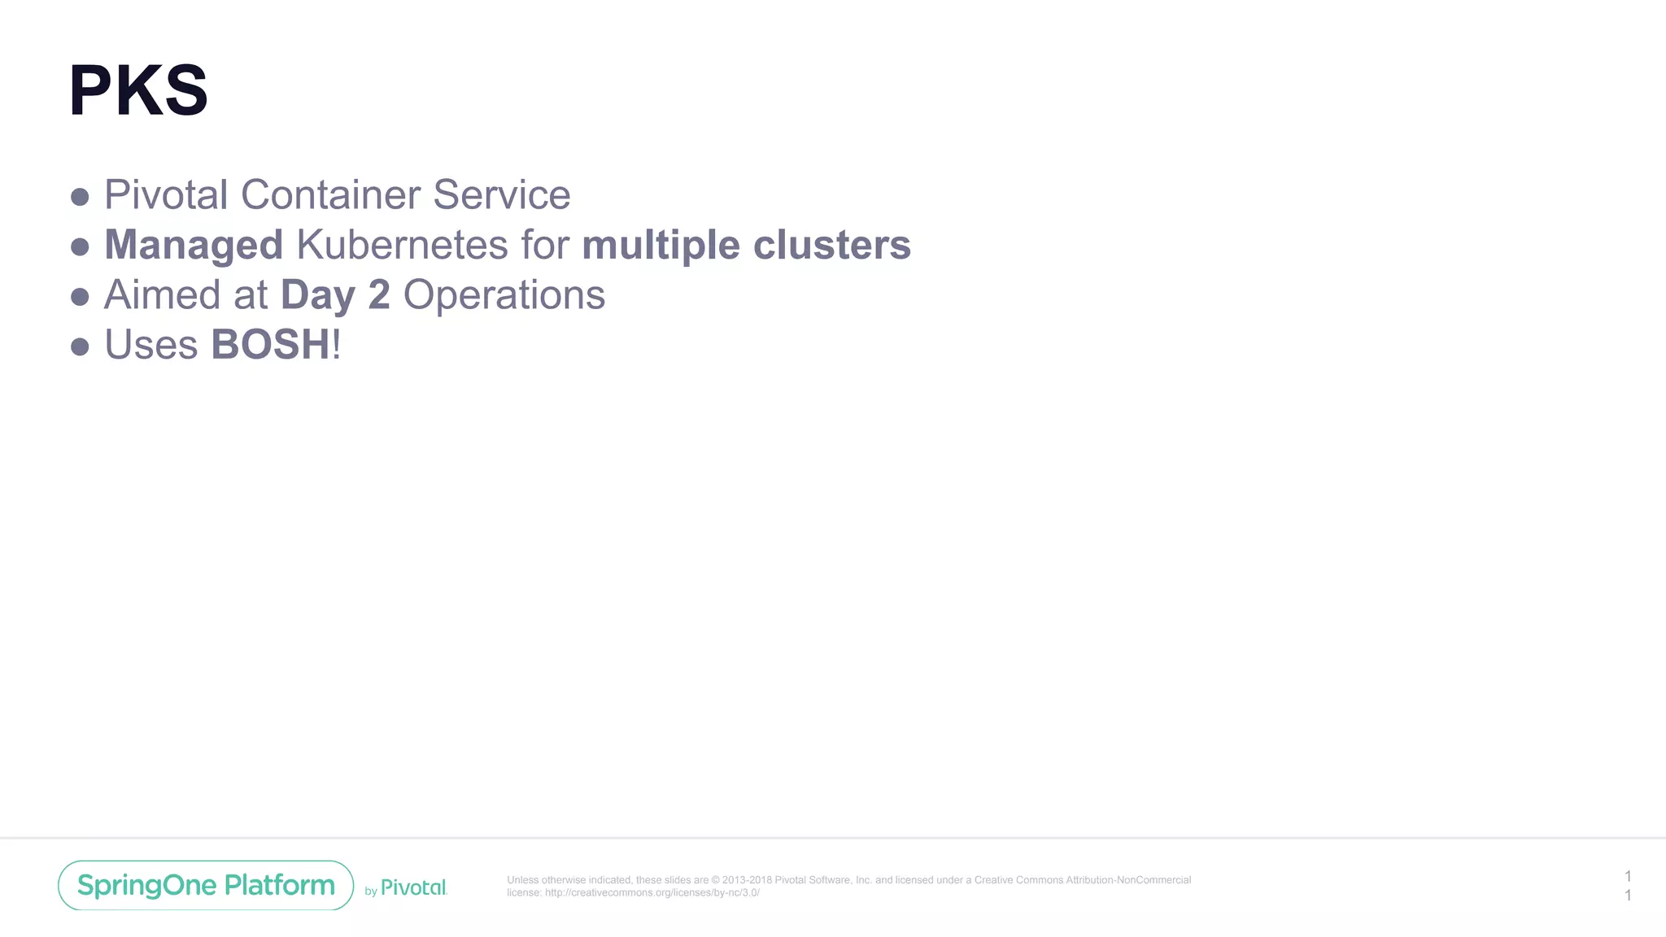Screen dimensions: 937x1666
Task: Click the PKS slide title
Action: coord(138,90)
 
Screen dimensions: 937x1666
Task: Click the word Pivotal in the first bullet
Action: coord(166,195)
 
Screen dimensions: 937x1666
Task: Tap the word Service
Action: coord(501,195)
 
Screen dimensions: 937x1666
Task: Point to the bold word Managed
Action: coord(194,246)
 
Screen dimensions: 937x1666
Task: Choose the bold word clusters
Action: coord(831,246)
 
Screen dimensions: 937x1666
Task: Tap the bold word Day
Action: coord(317,296)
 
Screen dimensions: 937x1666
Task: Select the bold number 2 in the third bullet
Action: coord(379,295)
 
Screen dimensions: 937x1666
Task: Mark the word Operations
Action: coord(504,296)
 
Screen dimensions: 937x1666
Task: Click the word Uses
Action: coord(151,345)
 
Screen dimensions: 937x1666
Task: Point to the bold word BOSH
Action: coord(270,345)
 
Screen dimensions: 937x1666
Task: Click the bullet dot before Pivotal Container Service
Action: coord(80,197)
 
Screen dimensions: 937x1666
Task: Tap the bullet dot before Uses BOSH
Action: coord(80,347)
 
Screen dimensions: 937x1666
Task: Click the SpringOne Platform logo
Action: coord(206,885)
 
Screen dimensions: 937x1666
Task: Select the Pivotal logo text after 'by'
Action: coord(413,887)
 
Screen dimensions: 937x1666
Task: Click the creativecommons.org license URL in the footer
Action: coord(652,892)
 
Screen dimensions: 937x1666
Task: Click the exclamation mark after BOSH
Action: coord(337,345)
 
